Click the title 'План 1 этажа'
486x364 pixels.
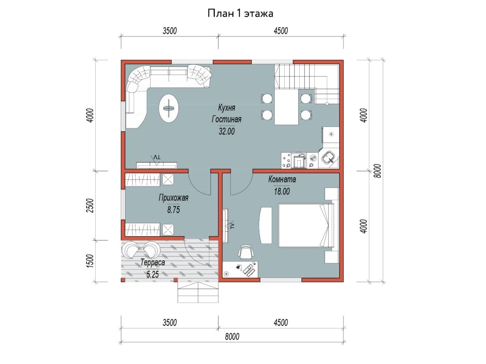pos(240,13)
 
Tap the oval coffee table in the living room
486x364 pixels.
pos(169,108)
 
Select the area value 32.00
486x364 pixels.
pos(226,131)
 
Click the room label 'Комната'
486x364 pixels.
pos(282,179)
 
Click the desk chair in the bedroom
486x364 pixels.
pos(246,252)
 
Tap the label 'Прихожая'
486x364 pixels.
pos(173,198)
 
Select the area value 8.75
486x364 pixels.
pos(173,210)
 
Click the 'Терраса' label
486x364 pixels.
pos(153,262)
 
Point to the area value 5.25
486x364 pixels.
pos(153,274)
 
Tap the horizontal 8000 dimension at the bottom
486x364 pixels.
pos(232,336)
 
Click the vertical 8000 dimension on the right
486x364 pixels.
pos(377,171)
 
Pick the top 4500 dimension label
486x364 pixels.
pos(281,31)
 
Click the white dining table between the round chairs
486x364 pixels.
pos(286,107)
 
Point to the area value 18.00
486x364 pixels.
pos(282,191)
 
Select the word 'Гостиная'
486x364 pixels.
pos(226,119)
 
